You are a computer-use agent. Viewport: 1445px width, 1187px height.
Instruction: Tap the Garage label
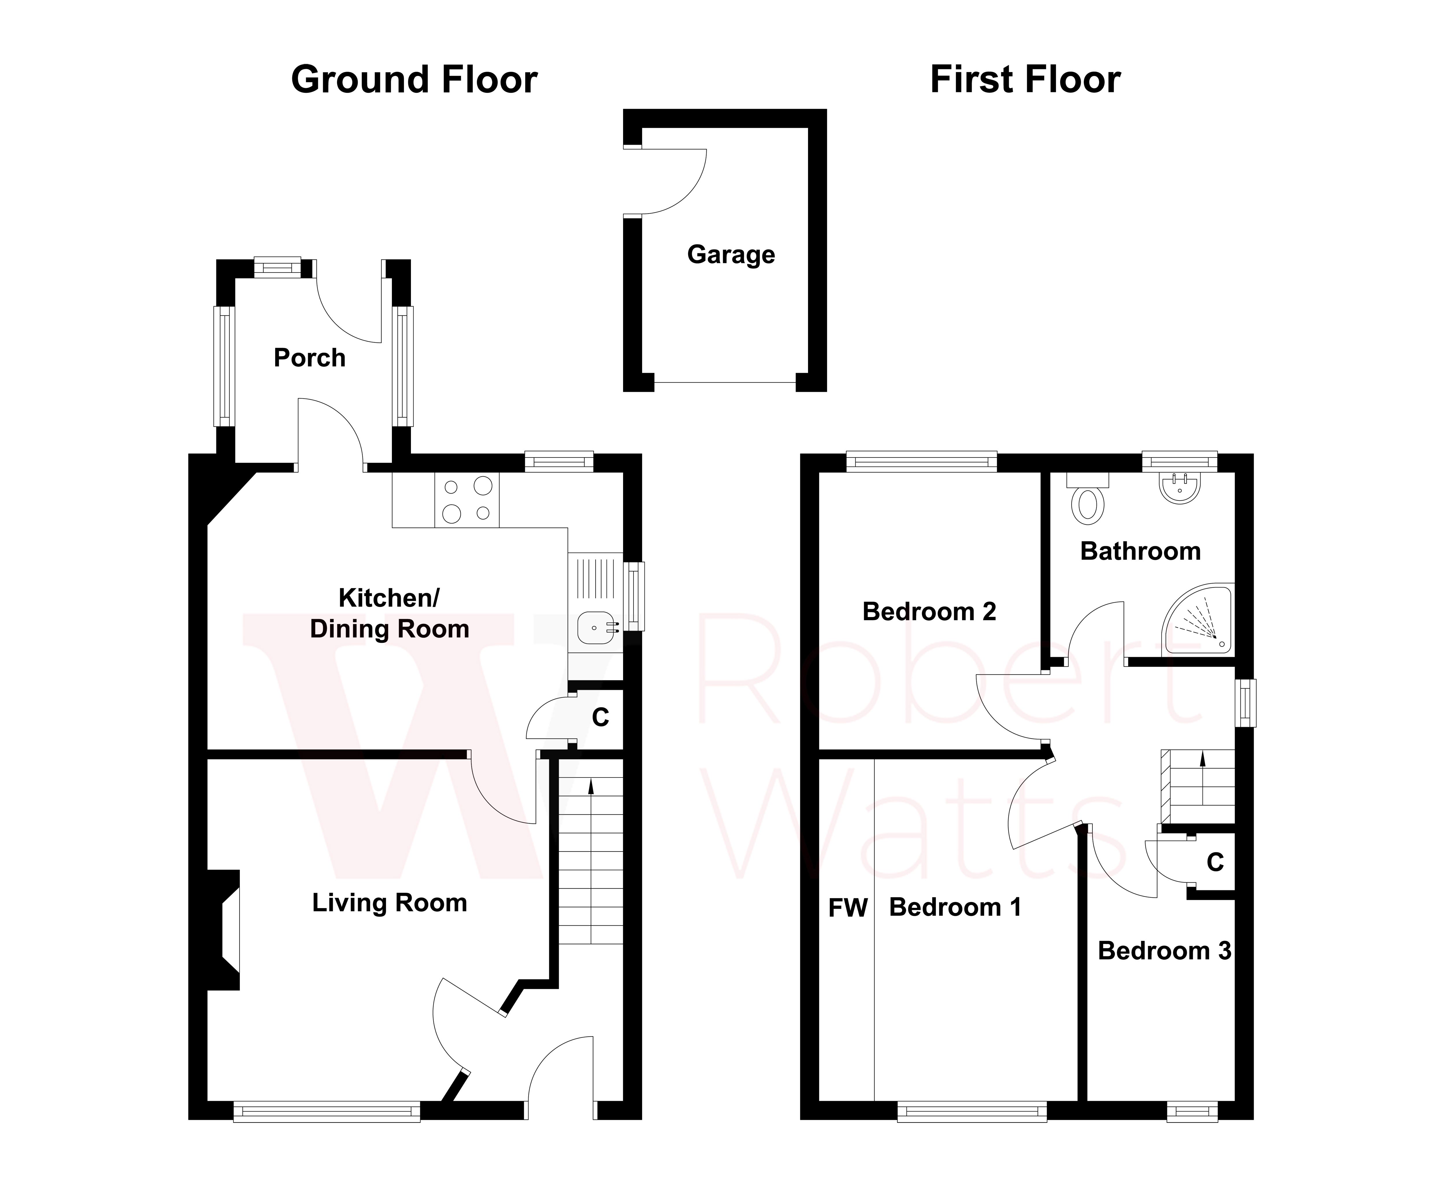pos(731,254)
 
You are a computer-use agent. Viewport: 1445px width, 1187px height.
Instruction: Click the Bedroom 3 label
pos(1164,950)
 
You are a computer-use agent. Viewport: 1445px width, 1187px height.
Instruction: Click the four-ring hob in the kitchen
pos(467,500)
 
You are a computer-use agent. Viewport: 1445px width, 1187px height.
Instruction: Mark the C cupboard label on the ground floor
pos(600,717)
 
